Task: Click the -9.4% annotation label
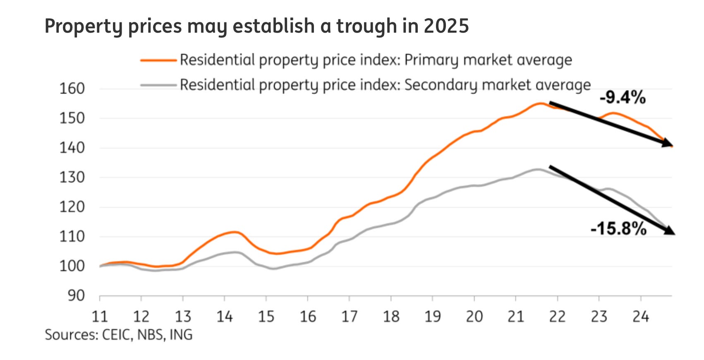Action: (623, 98)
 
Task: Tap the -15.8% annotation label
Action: (618, 228)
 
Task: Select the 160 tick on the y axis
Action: (72, 88)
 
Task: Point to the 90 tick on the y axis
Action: (77, 295)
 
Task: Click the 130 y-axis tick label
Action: (72, 177)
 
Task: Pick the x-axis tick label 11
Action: (99, 317)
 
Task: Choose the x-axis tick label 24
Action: (640, 317)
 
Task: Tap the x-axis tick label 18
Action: (391, 317)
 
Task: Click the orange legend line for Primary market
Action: (158, 60)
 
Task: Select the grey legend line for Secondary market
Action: (158, 85)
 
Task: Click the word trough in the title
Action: (364, 26)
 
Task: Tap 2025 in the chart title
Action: (446, 26)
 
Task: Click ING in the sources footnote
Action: (181, 334)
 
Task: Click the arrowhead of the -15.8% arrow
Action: (669, 231)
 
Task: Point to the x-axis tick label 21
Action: (515, 317)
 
